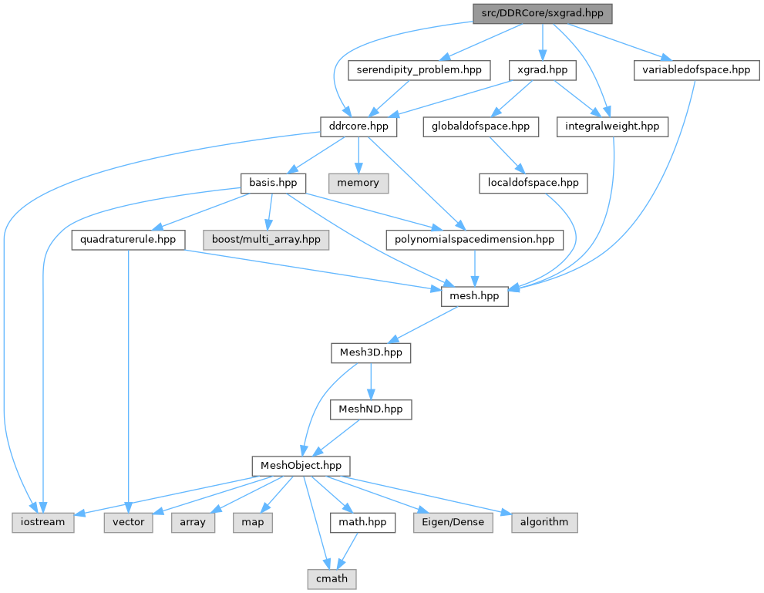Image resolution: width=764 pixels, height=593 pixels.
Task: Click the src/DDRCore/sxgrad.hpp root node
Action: coord(542,13)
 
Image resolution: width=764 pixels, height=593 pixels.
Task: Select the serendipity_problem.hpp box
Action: coord(419,70)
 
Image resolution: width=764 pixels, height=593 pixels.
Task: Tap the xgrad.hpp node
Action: coord(543,70)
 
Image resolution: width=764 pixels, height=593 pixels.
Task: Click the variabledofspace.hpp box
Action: coord(692,70)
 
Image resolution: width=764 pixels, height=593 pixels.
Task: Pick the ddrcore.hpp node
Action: coord(359,126)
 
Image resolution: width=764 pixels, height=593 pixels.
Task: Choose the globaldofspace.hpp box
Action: coord(476,126)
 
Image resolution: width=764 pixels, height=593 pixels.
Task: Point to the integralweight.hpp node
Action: coord(613,126)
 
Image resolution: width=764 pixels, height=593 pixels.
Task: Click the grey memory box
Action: coord(358,183)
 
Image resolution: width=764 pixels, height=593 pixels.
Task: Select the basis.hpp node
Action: coord(272,183)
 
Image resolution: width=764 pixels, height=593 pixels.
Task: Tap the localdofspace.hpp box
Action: coord(533,183)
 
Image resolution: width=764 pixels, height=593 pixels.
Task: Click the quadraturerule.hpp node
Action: coord(128,239)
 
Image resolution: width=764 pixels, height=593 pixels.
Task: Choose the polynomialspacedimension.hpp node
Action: coord(473,239)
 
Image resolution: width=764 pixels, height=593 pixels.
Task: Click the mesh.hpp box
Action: coord(474,295)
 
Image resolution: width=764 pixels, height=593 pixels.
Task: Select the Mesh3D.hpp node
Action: coord(371,352)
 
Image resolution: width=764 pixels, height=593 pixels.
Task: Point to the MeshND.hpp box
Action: coord(371,409)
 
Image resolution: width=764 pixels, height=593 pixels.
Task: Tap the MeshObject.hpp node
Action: coord(301,466)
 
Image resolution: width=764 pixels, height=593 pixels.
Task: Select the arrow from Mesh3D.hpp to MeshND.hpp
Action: coord(371,380)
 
